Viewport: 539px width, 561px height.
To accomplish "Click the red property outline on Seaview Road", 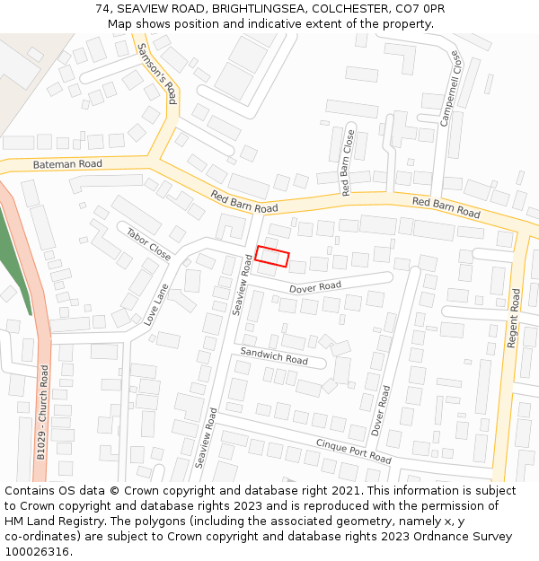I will click(x=272, y=257).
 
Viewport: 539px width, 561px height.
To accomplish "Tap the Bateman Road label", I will click(x=67, y=164).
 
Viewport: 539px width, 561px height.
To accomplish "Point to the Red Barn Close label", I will click(x=348, y=162).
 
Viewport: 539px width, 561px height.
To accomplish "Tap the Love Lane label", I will click(x=156, y=304).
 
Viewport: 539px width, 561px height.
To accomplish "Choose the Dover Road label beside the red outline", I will click(x=314, y=287).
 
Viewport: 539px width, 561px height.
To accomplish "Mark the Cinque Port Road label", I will click(x=353, y=451).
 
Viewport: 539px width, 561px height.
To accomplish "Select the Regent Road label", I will click(x=514, y=318).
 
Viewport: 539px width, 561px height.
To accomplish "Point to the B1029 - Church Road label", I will click(x=42, y=412).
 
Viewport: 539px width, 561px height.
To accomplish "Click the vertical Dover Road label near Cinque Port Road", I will click(x=381, y=410).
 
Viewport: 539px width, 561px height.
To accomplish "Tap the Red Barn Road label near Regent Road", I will click(x=446, y=207).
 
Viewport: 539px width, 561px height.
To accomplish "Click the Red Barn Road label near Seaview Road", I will click(x=244, y=201).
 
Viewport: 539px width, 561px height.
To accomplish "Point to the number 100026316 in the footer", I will click(x=35, y=551).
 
